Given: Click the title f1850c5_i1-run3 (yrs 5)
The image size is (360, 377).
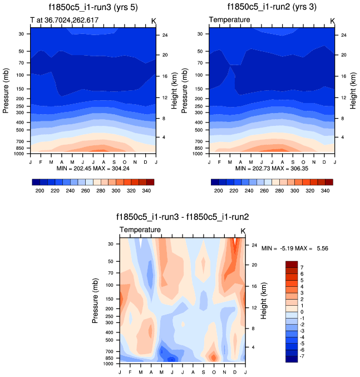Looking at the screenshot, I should point(91,7).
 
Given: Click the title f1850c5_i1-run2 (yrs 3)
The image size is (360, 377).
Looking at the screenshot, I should point(271,7).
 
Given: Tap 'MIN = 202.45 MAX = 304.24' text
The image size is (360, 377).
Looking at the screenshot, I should point(92,168).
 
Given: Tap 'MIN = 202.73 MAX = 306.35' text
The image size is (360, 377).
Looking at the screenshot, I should point(272,168).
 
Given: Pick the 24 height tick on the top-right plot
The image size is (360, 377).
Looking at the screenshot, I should point(343,35).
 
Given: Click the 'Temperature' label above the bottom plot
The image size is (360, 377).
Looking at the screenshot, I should point(140,230).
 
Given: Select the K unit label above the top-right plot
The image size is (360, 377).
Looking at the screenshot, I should point(333,21).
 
